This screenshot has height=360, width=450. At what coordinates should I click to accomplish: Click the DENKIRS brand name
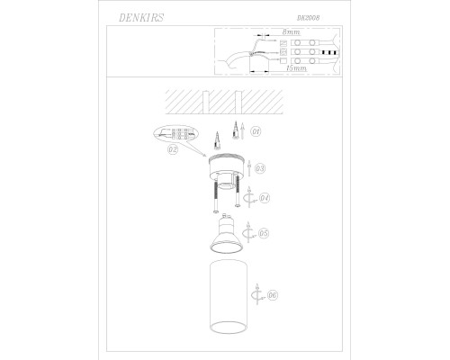click(141, 18)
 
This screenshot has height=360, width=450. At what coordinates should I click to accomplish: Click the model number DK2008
click(308, 18)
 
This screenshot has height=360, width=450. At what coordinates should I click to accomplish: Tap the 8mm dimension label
click(291, 31)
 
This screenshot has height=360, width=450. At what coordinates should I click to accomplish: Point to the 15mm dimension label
click(296, 68)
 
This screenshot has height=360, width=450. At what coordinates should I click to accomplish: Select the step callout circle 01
click(256, 131)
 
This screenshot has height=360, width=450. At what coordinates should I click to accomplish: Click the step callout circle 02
click(173, 149)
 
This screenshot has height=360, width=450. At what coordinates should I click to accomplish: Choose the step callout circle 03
click(260, 168)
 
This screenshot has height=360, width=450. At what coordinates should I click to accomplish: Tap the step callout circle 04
click(264, 198)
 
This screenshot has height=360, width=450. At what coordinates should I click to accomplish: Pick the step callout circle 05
click(264, 233)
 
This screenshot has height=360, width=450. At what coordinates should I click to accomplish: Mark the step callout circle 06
click(273, 295)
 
